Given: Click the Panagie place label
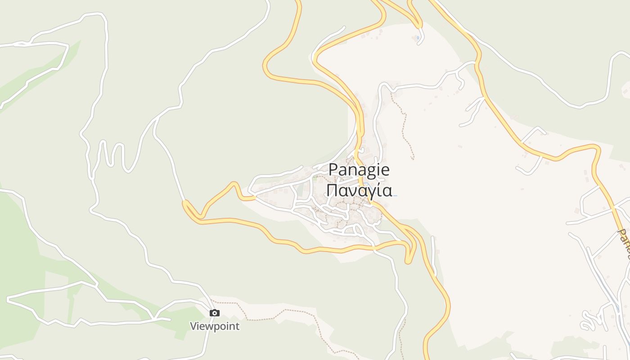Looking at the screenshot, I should point(359,170).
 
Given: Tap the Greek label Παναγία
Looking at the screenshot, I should point(359,190).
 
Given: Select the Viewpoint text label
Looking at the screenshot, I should point(215,326).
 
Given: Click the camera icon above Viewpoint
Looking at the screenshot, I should point(215,313).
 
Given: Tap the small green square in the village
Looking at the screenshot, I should point(315,178).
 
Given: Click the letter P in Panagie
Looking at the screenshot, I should point(333,170).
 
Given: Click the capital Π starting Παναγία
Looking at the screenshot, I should point(332,190).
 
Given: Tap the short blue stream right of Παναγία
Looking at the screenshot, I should point(394,195).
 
